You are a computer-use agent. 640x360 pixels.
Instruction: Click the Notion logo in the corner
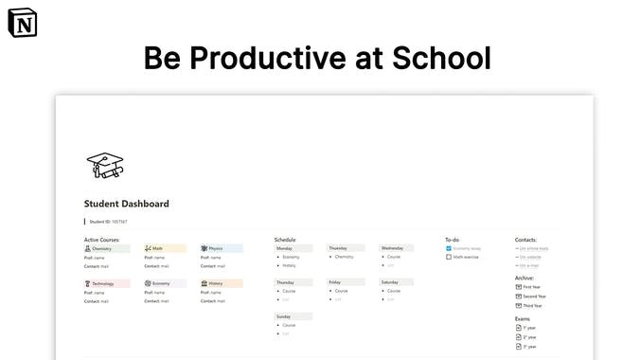[19, 22]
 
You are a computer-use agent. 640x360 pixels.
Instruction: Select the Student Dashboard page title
[126, 204]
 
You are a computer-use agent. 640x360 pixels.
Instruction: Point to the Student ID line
[108, 222]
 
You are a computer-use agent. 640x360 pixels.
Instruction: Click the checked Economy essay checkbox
[449, 248]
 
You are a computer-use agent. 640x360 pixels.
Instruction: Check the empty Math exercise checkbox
[449, 257]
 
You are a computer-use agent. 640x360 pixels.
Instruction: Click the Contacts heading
[527, 240]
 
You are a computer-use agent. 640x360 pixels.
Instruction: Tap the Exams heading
[524, 318]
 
